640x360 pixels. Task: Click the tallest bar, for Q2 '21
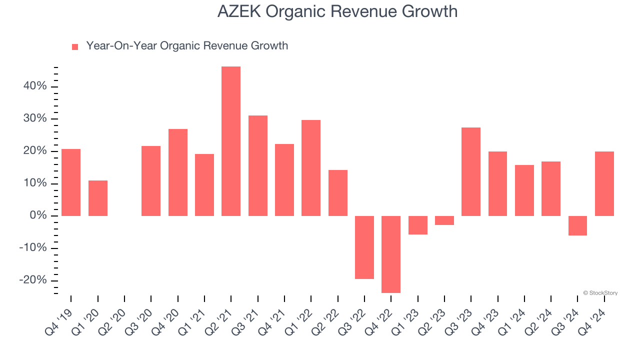[x=231, y=141]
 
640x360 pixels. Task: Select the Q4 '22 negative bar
[x=391, y=254]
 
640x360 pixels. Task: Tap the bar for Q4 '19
[x=71, y=182]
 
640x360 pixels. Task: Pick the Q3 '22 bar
[x=364, y=247]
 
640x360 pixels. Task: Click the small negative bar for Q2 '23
[x=444, y=220]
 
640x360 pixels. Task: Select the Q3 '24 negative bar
[x=577, y=225]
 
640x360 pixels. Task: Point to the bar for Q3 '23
[x=471, y=171]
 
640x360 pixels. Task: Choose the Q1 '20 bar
[x=98, y=198]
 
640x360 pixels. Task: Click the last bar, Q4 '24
[x=604, y=183]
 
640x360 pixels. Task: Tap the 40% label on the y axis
[x=35, y=86]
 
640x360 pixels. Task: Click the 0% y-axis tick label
[x=38, y=216]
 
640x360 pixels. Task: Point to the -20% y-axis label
[x=33, y=280]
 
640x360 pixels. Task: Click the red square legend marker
[x=75, y=46]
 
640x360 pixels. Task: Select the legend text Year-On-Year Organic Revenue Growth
[x=187, y=46]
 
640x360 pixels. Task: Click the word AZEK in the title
[x=239, y=11]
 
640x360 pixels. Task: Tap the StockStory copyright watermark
[x=600, y=293]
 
